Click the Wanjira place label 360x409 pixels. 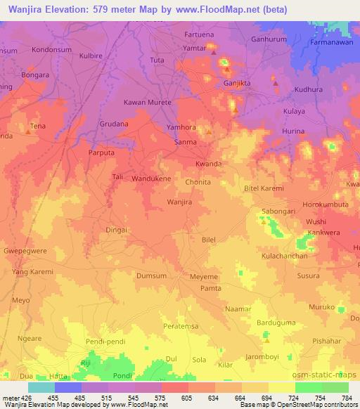pyautogui.click(x=179, y=202)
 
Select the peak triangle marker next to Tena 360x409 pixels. pyautogui.click(x=28, y=131)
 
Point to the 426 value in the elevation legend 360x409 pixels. pyautogui.click(x=25, y=398)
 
